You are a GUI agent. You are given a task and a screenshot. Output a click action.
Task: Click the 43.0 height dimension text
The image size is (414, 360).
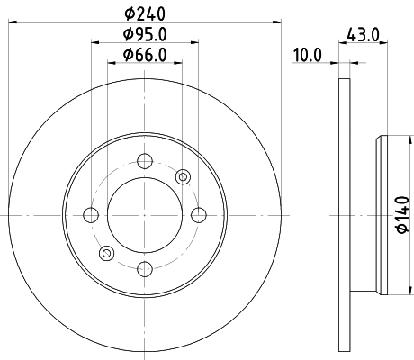[x=363, y=37]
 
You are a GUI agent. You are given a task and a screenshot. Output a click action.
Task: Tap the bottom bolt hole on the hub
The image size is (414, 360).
[x=144, y=267]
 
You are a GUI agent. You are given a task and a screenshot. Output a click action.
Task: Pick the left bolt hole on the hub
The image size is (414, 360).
[x=91, y=214]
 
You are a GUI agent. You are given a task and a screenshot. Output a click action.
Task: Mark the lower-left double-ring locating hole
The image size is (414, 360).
[x=106, y=252]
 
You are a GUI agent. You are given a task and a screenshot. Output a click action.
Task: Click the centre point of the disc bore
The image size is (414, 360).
[x=144, y=214]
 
